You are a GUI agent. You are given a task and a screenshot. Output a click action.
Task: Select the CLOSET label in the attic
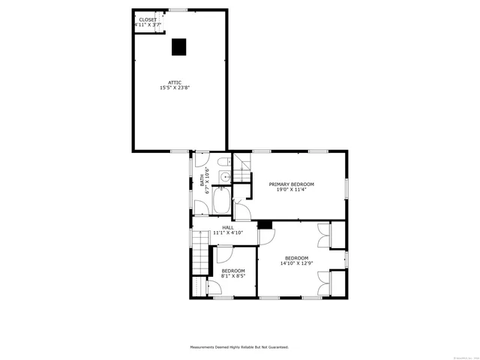(x=148, y=19)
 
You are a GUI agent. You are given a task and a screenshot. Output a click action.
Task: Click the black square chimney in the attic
(x=178, y=46)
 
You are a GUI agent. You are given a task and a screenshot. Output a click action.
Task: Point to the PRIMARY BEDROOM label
(x=292, y=184)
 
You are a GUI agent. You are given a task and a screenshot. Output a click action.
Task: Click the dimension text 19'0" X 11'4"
(x=292, y=190)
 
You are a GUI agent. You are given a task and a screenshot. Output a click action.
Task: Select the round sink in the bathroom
(x=223, y=177)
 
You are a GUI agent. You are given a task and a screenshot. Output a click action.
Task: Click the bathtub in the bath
(x=222, y=201)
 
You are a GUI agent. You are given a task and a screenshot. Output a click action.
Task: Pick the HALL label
(x=227, y=226)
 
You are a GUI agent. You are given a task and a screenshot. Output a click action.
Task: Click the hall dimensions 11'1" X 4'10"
(x=227, y=232)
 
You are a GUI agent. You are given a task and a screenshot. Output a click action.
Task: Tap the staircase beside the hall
(x=200, y=251)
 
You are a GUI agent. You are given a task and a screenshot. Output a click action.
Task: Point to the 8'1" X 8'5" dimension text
(x=232, y=276)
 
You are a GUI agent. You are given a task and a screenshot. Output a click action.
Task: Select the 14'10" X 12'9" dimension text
(x=295, y=263)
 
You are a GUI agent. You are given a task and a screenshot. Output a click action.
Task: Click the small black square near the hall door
(x=264, y=224)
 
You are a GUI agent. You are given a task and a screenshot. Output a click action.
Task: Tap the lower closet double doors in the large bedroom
(x=324, y=283)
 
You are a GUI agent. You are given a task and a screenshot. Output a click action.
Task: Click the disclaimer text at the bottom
(x=239, y=347)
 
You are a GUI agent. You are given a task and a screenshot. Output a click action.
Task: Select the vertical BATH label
(x=202, y=181)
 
